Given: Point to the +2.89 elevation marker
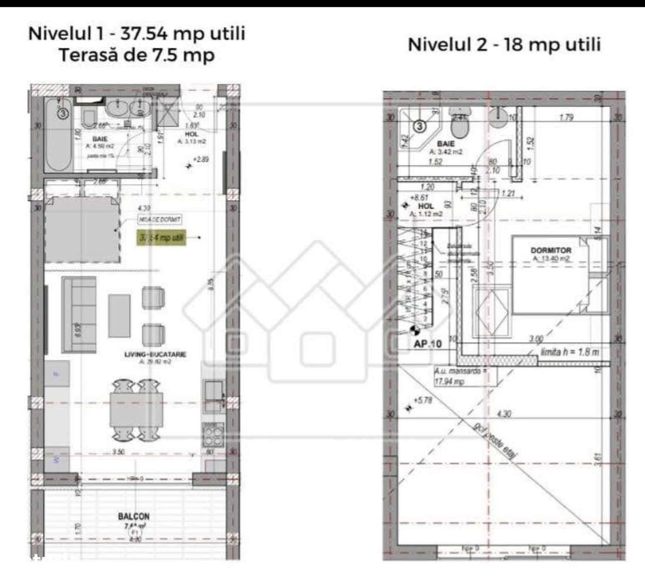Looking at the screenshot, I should tap(200, 159).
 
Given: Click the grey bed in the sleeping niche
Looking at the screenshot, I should tap(82, 230).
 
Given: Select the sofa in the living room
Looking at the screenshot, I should tap(79, 315).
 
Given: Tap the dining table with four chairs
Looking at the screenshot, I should tap(134, 410).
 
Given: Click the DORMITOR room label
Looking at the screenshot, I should tap(552, 250).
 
